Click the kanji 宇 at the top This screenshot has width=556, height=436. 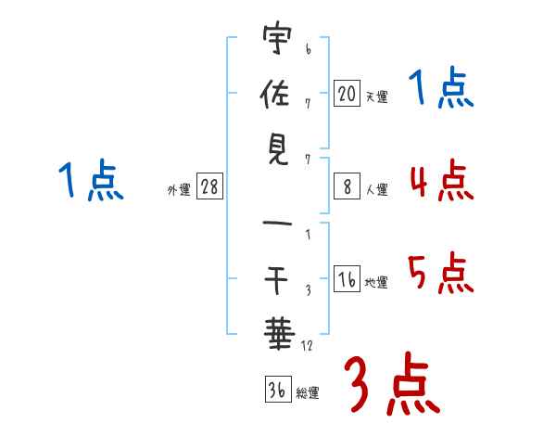(x=277, y=37)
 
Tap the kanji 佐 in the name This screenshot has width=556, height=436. (x=275, y=94)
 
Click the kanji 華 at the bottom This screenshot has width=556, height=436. (x=279, y=334)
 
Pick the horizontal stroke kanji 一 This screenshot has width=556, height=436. (x=277, y=224)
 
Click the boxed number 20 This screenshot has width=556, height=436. (x=347, y=93)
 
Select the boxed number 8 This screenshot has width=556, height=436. (x=347, y=186)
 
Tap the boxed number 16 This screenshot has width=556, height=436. (x=347, y=278)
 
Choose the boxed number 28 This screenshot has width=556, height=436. (x=209, y=186)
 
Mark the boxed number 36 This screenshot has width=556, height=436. (x=278, y=389)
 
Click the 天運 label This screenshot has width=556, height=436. (x=377, y=96)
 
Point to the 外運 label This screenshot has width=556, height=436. (x=179, y=189)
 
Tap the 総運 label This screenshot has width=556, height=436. (x=308, y=392)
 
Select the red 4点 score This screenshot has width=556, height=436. (x=442, y=181)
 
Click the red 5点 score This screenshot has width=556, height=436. (x=441, y=273)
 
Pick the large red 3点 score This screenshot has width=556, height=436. (x=392, y=384)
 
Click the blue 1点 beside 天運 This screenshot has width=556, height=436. (x=441, y=87)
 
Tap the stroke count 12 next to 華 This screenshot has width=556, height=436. (x=307, y=345)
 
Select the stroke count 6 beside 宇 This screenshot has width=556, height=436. (x=309, y=48)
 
